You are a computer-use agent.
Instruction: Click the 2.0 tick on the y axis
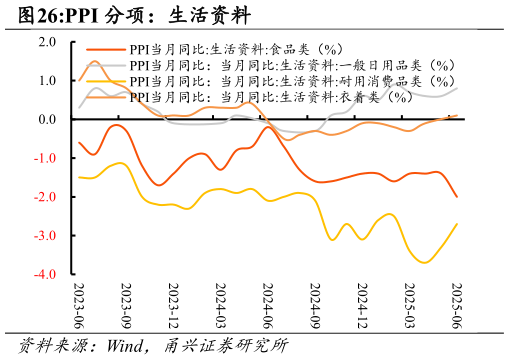coord(46,42)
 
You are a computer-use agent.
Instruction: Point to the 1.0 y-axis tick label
coord(46,81)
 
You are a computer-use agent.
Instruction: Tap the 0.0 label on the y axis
coord(46,120)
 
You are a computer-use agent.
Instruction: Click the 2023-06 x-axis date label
coord(79,305)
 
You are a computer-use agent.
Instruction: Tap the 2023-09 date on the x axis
coord(126,305)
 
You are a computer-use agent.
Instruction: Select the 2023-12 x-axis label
coord(173,305)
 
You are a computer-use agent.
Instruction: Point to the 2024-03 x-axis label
coord(221,305)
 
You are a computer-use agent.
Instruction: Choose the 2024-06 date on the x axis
coord(268,305)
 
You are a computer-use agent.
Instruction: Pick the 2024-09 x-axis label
coord(315,305)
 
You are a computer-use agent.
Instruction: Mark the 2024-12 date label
coord(362,305)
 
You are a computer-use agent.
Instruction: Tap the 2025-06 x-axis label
coord(457,305)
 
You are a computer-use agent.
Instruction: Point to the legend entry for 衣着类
coord(271,97)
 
